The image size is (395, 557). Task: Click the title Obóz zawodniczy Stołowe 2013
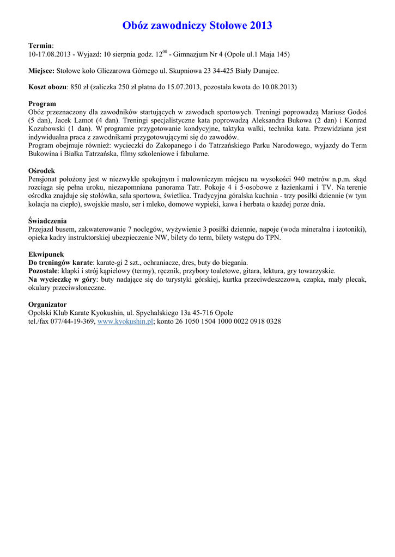[x=197, y=26]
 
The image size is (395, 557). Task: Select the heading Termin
[x=40, y=46]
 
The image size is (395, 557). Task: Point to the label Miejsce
[x=41, y=71]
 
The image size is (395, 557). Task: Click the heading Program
[x=42, y=103]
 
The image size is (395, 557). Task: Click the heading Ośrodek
[x=41, y=170]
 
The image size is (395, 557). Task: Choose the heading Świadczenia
[x=47, y=221]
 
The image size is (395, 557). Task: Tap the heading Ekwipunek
[x=46, y=254]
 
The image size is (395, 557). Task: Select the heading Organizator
[x=47, y=305]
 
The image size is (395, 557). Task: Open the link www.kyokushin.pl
[x=125, y=321]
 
